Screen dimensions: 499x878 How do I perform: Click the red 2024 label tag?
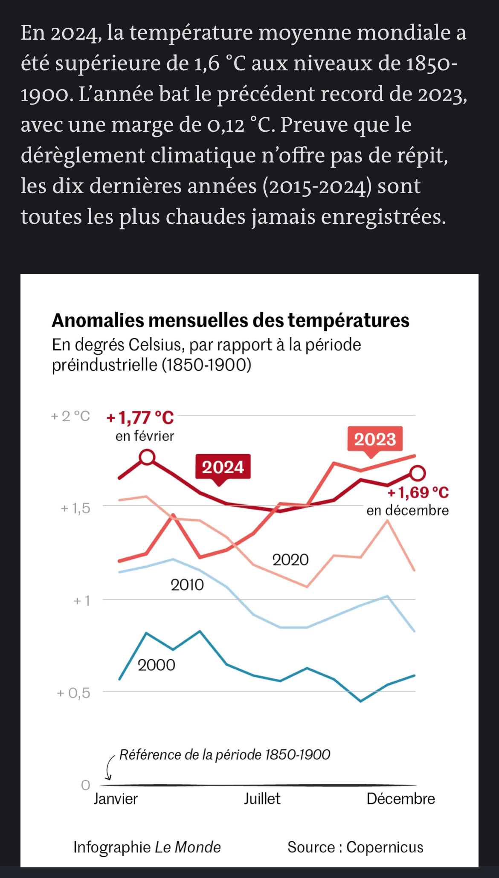coord(223,467)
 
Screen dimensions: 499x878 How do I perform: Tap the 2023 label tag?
coord(375,440)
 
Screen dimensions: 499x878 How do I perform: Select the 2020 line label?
coord(290,560)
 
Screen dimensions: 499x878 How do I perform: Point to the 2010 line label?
coord(187,585)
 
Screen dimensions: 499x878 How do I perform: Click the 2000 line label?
coord(156,665)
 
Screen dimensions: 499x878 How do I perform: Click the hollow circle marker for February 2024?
coord(147,457)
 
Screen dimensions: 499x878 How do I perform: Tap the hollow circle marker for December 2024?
coord(418,472)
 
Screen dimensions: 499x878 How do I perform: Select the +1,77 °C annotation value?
coord(140,418)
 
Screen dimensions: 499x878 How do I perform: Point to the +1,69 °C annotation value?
coord(418,493)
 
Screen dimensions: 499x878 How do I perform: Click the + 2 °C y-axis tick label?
coord(70,416)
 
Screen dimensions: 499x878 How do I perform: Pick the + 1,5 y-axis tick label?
coord(75,508)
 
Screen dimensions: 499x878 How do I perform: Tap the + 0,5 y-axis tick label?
coord(73,693)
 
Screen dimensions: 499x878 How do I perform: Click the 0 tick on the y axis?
coord(86,785)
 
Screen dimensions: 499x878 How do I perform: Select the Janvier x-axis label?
coord(116,799)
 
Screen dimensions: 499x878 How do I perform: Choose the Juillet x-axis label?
coord(262,799)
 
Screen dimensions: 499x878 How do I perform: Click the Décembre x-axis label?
coord(401,799)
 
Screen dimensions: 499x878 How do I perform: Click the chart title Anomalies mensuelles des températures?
coord(230,320)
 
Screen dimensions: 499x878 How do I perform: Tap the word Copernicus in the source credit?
coord(385,847)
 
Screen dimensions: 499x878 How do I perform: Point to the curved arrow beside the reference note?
coord(110,768)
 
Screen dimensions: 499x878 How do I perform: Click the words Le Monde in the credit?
coord(188,847)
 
